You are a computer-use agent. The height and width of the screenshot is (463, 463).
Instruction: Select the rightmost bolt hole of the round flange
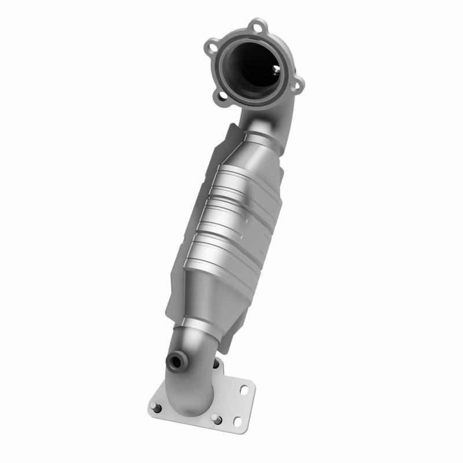pyautogui.click(x=297, y=86)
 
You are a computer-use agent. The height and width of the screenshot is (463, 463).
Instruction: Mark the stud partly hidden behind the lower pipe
pyautogui.click(x=216, y=364)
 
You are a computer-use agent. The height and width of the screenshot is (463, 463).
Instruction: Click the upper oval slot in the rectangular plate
pyautogui.click(x=242, y=391)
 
